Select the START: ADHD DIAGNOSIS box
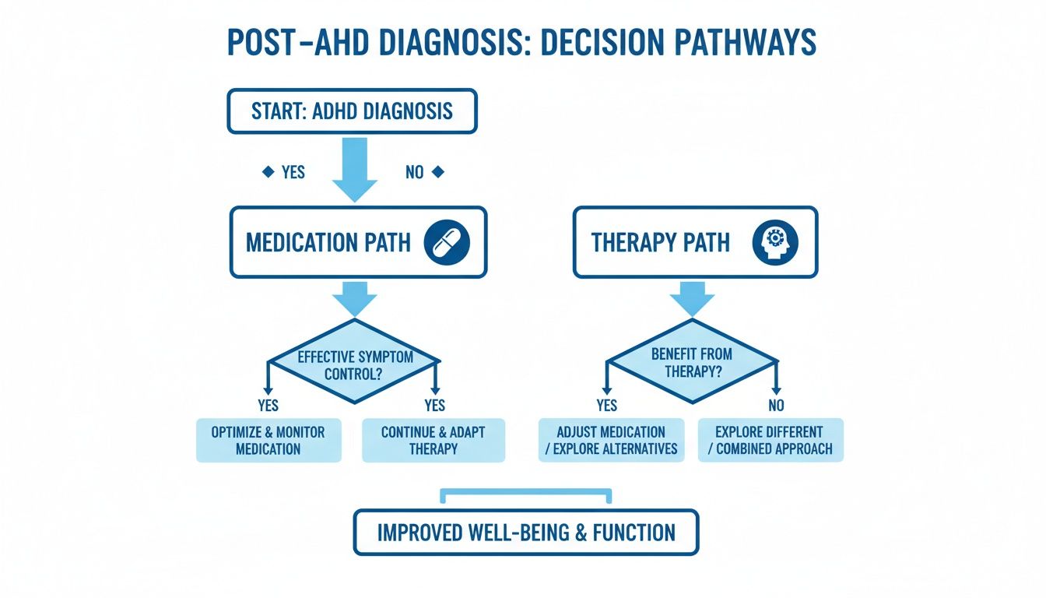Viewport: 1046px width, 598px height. pos(352,111)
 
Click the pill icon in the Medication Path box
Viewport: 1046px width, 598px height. pos(447,242)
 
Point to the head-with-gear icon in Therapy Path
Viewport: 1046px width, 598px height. pos(776,242)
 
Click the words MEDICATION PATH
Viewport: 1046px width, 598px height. pos(328,243)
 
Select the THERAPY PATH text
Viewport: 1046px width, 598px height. pos(661,243)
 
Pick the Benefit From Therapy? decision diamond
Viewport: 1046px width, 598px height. pos(692,361)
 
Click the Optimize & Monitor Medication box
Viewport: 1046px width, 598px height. pos(269,441)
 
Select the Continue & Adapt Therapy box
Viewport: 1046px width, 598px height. pos(433,441)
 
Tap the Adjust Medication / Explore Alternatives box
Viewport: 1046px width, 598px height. pos(612,441)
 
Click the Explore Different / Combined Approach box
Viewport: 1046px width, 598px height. pos(770,441)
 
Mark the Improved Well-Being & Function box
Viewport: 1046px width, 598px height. pos(526,533)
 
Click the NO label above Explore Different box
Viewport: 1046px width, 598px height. pos(775,405)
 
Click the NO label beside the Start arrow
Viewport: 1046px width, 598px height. pos(414,172)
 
